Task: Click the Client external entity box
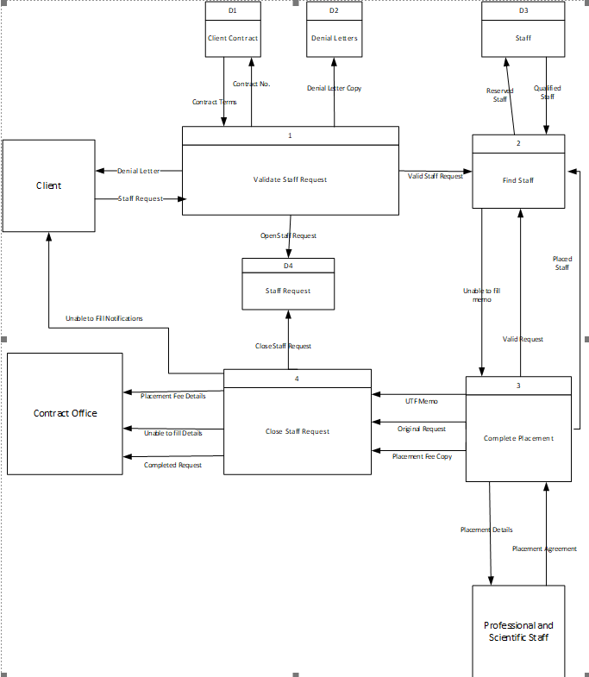coord(48,185)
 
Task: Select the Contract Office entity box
coord(65,413)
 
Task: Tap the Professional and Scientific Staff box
coord(518,631)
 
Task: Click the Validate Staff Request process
coord(290,179)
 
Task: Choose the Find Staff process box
coord(518,180)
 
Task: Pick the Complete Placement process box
coord(518,438)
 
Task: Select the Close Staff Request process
coord(297,431)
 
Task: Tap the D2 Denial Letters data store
coord(334,38)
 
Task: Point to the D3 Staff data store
coord(523,38)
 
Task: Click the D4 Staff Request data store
coord(288,291)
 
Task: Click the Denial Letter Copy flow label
coord(334,89)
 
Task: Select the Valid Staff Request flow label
coord(435,176)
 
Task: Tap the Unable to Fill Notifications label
coord(103,318)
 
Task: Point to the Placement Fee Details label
coord(173,396)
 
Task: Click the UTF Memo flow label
coord(422,401)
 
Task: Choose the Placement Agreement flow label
coord(544,548)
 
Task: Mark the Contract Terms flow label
coord(214,102)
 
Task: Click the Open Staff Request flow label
coord(288,235)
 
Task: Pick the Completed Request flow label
coord(172,465)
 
